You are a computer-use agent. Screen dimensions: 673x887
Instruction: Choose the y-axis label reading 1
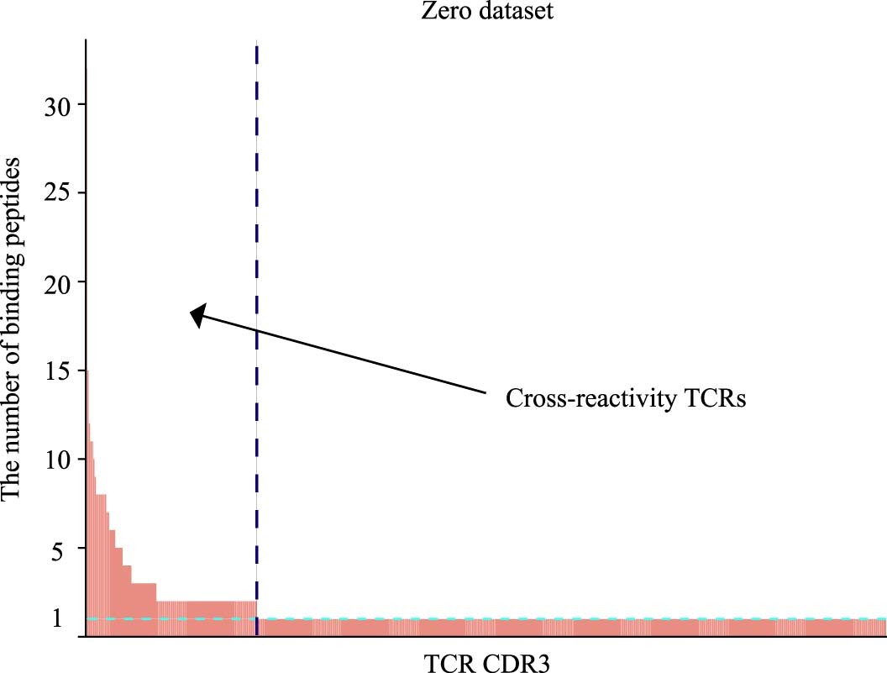click(58, 619)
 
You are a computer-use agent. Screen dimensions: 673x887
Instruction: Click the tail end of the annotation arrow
click(485, 392)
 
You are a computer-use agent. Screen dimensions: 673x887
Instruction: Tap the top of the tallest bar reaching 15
click(87, 371)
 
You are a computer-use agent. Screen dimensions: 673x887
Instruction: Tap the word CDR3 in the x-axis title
click(517, 661)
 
